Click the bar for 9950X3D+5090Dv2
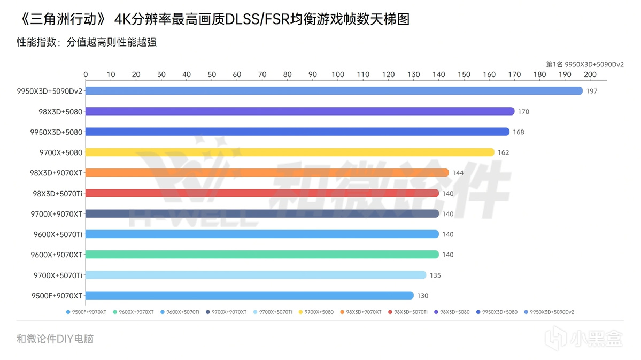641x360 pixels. pyautogui.click(x=334, y=91)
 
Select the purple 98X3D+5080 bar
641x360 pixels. pyautogui.click(x=299, y=111)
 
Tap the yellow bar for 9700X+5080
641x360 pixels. pyautogui.click(x=289, y=152)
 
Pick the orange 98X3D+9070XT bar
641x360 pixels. pyautogui.click(x=267, y=173)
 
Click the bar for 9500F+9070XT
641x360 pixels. pyautogui.click(x=249, y=295)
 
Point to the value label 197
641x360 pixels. pyautogui.click(x=591, y=91)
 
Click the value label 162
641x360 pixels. pyautogui.click(x=503, y=152)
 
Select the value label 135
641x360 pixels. pyautogui.click(x=435, y=275)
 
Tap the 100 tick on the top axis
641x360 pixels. pyautogui.click(x=338, y=74)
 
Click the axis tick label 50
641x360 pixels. pyautogui.click(x=212, y=74)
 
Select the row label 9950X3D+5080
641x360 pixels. pyautogui.click(x=56, y=132)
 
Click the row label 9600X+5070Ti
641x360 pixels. pyautogui.click(x=56, y=234)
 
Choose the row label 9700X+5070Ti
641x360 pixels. pyautogui.click(x=57, y=275)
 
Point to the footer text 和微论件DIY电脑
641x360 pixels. pyautogui.click(x=55, y=339)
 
